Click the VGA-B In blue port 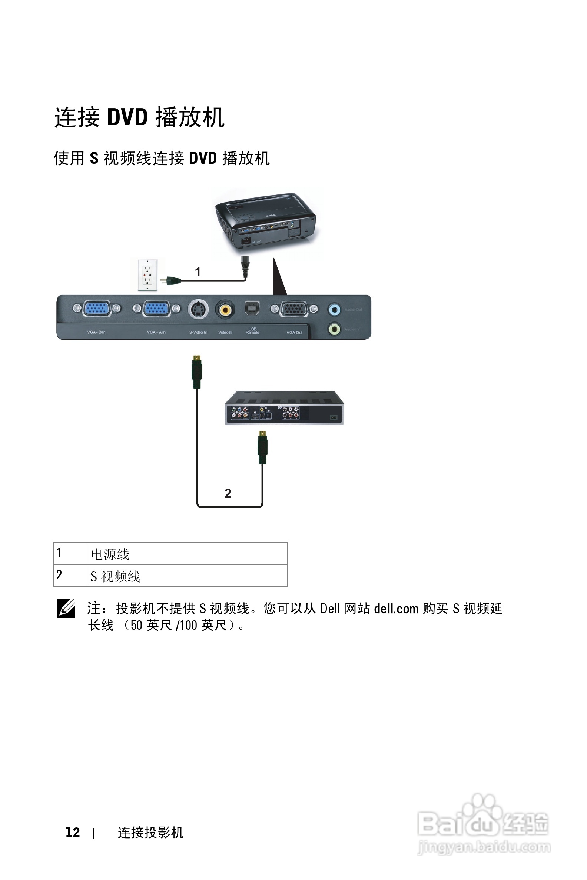coord(97,309)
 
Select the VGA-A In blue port coord(156,309)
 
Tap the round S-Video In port coord(198,309)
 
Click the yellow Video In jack coord(225,309)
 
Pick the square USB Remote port coord(252,308)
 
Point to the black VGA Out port coord(294,309)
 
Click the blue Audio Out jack coord(334,309)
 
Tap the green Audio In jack coord(334,329)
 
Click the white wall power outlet coord(147,275)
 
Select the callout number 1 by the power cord coord(198,271)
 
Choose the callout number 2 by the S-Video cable coord(228,493)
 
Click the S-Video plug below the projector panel coord(197,371)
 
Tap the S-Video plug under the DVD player coord(263,447)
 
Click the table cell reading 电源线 coord(110,554)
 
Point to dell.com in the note coord(396,609)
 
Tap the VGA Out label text coord(295,332)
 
